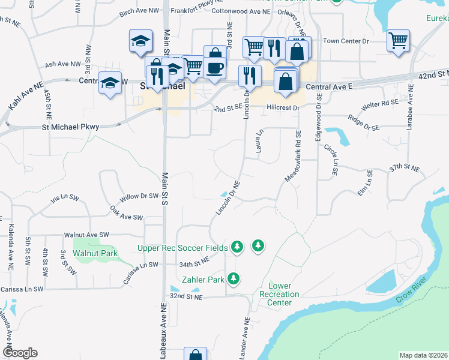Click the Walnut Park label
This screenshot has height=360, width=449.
tap(95, 253)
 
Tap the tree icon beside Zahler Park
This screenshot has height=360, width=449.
tap(234, 279)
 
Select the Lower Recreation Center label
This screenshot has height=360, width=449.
tap(279, 294)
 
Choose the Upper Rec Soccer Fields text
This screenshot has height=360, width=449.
tap(182, 247)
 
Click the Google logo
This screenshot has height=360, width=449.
tap(20, 352)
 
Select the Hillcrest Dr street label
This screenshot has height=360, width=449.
tap(283, 108)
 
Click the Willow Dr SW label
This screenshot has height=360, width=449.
tap(139, 196)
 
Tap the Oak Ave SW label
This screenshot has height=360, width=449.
tap(126, 213)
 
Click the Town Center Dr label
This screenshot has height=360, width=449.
tap(345, 41)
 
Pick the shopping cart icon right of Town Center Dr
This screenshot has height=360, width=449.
tap(399, 41)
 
